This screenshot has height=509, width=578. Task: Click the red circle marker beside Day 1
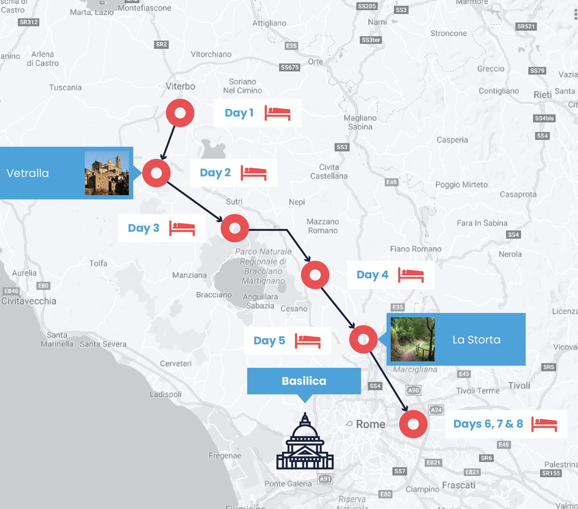pyautogui.click(x=180, y=113)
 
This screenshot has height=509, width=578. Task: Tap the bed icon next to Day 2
pyautogui.click(x=254, y=173)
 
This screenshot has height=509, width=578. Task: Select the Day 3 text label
pyautogui.click(x=144, y=228)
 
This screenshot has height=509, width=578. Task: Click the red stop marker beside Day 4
pyautogui.click(x=315, y=275)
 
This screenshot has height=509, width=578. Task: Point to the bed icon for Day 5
pyautogui.click(x=308, y=341)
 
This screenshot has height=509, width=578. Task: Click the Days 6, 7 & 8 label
pyautogui.click(x=488, y=424)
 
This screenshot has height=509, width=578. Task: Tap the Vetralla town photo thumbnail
pyautogui.click(x=107, y=173)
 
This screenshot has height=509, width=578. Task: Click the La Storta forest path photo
pyautogui.click(x=413, y=339)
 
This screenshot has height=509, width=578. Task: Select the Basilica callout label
pyautogui.click(x=304, y=381)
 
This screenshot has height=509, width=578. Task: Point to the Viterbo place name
pyautogui.click(x=180, y=86)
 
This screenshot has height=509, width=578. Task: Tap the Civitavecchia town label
pyautogui.click(x=29, y=301)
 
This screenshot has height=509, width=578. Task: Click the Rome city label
pyautogui.click(x=370, y=424)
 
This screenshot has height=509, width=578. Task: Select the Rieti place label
pyautogui.click(x=542, y=95)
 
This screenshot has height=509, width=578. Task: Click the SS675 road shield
pyautogui.click(x=289, y=67)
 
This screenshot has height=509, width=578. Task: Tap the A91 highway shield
pyautogui.click(x=325, y=479)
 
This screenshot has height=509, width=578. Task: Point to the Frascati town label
pyautogui.click(x=459, y=485)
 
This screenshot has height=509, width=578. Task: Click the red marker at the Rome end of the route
pyautogui.click(x=413, y=424)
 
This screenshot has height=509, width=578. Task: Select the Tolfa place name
pyautogui.click(x=98, y=263)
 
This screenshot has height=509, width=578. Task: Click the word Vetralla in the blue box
pyautogui.click(x=27, y=173)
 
